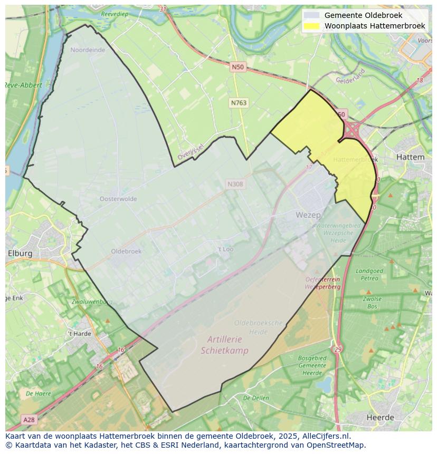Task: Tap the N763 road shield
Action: (239, 103)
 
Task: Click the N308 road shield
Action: (235, 184)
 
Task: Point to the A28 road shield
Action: (28, 419)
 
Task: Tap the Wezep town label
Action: (308, 215)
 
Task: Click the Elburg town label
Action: (20, 253)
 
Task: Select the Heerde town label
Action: (380, 418)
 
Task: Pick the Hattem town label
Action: (410, 157)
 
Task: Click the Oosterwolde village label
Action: (118, 199)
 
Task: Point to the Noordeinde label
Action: (88, 50)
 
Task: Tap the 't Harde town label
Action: (79, 334)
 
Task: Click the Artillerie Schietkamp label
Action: (224, 345)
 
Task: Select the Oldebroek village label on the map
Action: (126, 252)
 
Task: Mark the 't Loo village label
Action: (225, 249)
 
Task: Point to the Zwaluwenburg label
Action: (92, 302)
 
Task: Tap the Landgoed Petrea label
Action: (370, 274)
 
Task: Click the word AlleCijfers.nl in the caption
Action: (326, 436)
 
